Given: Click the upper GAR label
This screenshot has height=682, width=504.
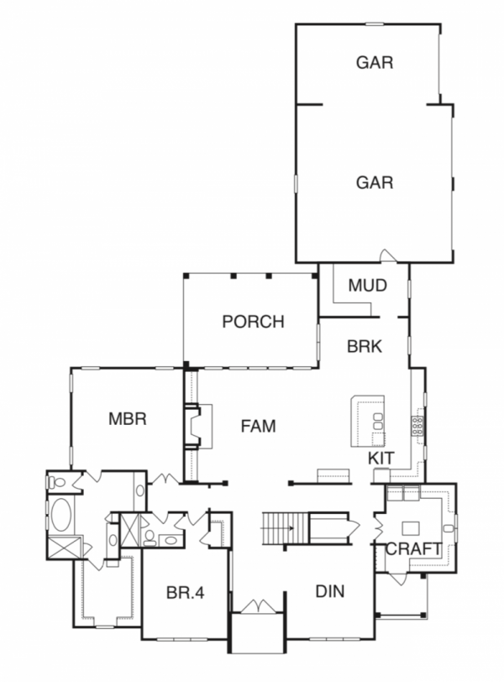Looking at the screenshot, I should [x=375, y=62].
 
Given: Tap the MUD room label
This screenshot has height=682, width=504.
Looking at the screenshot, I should [x=367, y=286].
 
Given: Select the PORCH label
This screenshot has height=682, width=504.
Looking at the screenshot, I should [x=254, y=321].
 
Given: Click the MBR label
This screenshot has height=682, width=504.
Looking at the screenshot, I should [x=128, y=417].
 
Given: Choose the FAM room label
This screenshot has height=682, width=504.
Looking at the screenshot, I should [x=259, y=426].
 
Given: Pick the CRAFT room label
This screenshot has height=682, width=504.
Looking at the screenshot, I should [x=413, y=549].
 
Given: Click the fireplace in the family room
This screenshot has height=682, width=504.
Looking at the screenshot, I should [x=193, y=426].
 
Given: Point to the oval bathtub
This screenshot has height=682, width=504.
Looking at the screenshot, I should [x=61, y=514].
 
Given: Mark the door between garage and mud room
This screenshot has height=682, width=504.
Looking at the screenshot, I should [x=386, y=255].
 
